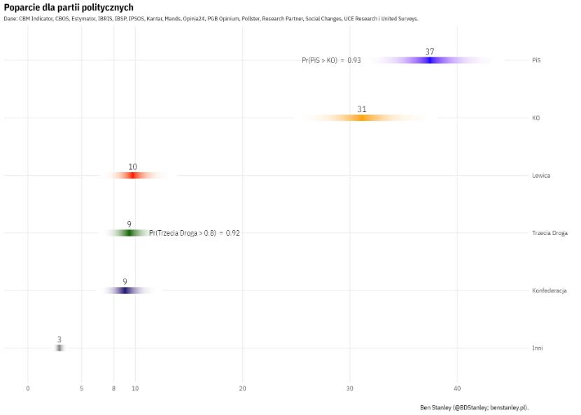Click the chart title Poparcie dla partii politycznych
pyautogui.click(x=69, y=7)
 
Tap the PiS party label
pyautogui.click(x=536, y=60)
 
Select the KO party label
pyautogui.click(x=535, y=118)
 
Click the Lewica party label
pyautogui.click(x=540, y=176)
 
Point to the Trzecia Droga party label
pyautogui.click(x=549, y=233)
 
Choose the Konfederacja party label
pyautogui.click(x=549, y=290)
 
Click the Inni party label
pyautogui.click(x=537, y=348)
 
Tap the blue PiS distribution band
pyautogui.click(x=430, y=60)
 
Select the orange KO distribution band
pyautogui.click(x=362, y=118)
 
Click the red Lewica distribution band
pyautogui.click(x=133, y=176)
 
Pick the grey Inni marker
pyautogui.click(x=59, y=348)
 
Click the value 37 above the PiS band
pyautogui.click(x=430, y=52)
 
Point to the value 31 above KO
pyautogui.click(x=362, y=109)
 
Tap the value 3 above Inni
pyautogui.click(x=59, y=339)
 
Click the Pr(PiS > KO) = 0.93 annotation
pyautogui.click(x=331, y=60)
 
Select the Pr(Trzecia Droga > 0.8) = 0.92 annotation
pyautogui.click(x=195, y=233)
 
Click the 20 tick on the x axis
pyautogui.click(x=242, y=388)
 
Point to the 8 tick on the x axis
pyautogui.click(x=113, y=388)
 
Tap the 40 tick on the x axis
pyautogui.click(x=457, y=388)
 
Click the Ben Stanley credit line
pyautogui.click(x=474, y=407)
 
